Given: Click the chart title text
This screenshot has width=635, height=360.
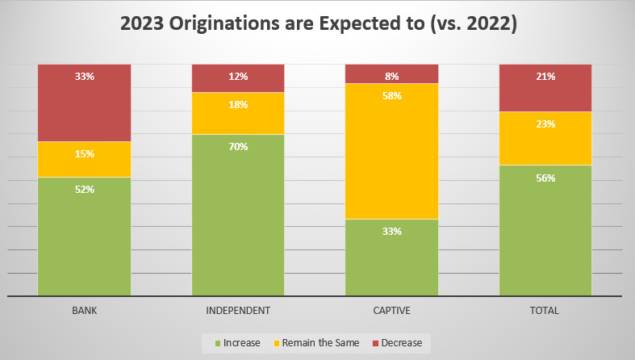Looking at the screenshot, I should coord(318,24).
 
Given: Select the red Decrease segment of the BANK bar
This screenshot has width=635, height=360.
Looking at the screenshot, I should coord(85,103).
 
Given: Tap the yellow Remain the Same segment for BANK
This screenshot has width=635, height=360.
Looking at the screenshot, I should coord(85,159).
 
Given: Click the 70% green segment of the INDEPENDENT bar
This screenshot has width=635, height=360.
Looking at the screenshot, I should coord(238,215).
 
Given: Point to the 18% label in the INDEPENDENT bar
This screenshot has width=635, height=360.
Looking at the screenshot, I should coord(238,105).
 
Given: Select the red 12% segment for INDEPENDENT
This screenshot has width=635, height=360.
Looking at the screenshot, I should coord(238,78).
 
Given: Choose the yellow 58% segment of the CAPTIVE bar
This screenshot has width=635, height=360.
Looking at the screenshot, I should coord(392,151).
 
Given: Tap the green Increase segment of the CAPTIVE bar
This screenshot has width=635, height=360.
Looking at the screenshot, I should coord(392,257).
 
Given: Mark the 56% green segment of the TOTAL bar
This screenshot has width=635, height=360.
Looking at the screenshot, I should coord(545,230).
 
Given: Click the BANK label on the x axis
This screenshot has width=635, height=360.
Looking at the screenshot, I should coord(85,311).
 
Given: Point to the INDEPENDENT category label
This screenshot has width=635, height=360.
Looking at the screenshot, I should coord(238,311).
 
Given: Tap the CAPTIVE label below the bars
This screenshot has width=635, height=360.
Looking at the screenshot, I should coord(392,311).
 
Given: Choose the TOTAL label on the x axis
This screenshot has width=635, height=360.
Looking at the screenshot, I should coord(545,311).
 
